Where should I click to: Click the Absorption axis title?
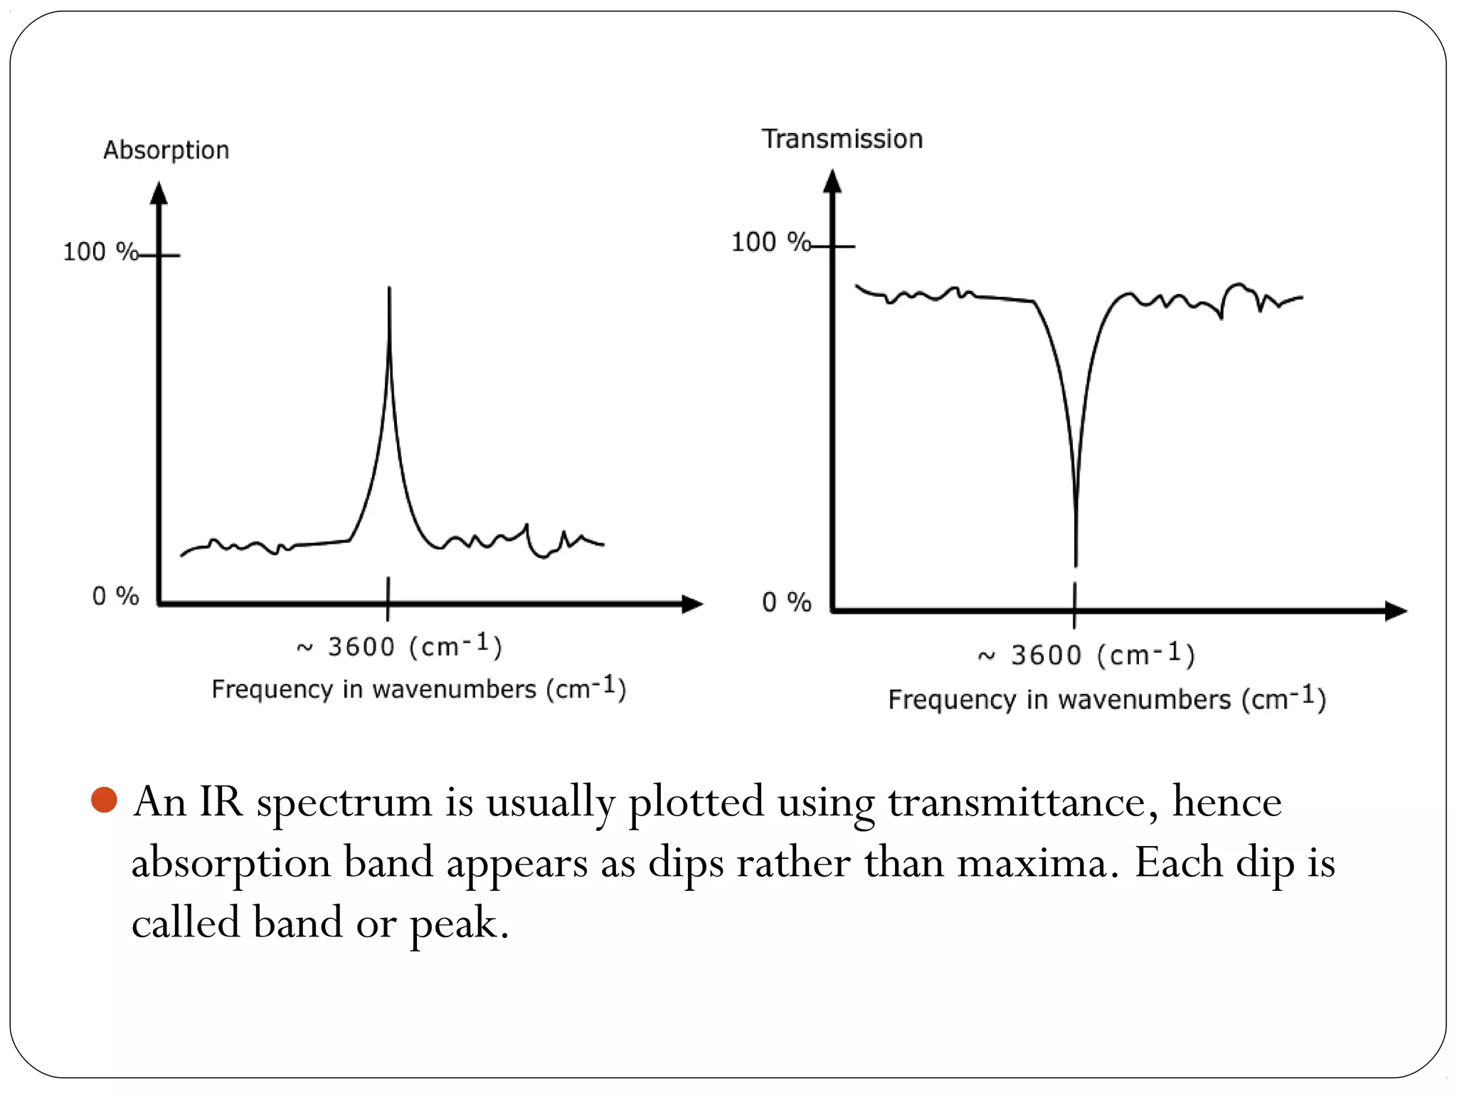click(x=166, y=150)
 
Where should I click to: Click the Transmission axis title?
click(x=842, y=139)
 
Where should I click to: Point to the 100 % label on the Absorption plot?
click(x=100, y=251)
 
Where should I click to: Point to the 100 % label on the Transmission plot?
click(x=770, y=242)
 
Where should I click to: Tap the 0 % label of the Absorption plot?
click(x=115, y=596)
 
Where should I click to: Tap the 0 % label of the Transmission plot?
click(x=786, y=602)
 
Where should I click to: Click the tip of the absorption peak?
click(x=389, y=290)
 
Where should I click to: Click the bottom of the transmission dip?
click(x=1076, y=564)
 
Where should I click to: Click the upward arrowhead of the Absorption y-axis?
click(x=159, y=194)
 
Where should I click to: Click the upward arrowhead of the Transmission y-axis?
click(x=832, y=181)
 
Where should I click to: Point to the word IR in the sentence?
click(x=221, y=802)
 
